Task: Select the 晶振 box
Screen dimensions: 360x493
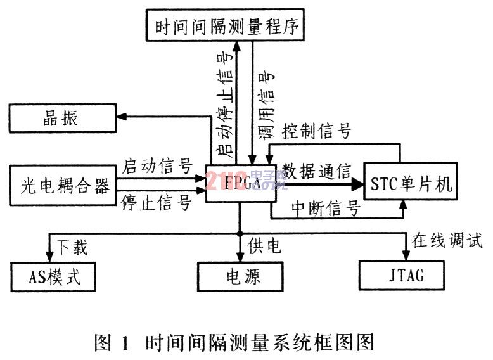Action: (61, 117)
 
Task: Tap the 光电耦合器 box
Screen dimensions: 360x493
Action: (61, 185)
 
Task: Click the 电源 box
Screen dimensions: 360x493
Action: (239, 276)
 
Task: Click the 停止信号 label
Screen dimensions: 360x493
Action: (157, 203)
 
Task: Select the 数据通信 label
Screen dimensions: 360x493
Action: (317, 170)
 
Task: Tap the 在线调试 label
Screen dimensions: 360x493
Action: (447, 241)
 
